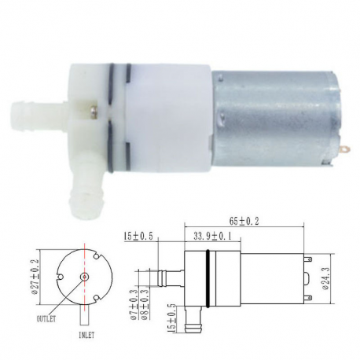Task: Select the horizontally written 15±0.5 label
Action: tap(138, 234)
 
